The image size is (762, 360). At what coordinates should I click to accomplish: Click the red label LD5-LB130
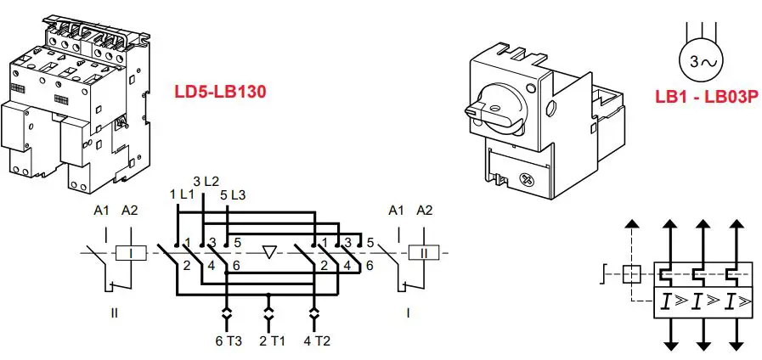[221, 92]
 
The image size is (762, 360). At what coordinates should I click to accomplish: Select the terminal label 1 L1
[182, 194]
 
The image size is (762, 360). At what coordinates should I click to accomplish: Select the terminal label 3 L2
[206, 181]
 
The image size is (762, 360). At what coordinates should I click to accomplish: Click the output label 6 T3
[228, 340]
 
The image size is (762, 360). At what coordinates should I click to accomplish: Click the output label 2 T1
[269, 340]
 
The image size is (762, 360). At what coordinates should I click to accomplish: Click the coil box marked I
[131, 252]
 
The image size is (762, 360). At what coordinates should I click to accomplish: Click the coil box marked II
[422, 252]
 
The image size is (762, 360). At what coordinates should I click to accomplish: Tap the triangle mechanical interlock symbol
[270, 252]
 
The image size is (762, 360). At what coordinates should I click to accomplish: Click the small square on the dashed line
[631, 274]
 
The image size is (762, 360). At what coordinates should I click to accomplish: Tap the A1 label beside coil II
[395, 211]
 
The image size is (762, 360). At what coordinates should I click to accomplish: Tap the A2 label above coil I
[130, 211]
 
